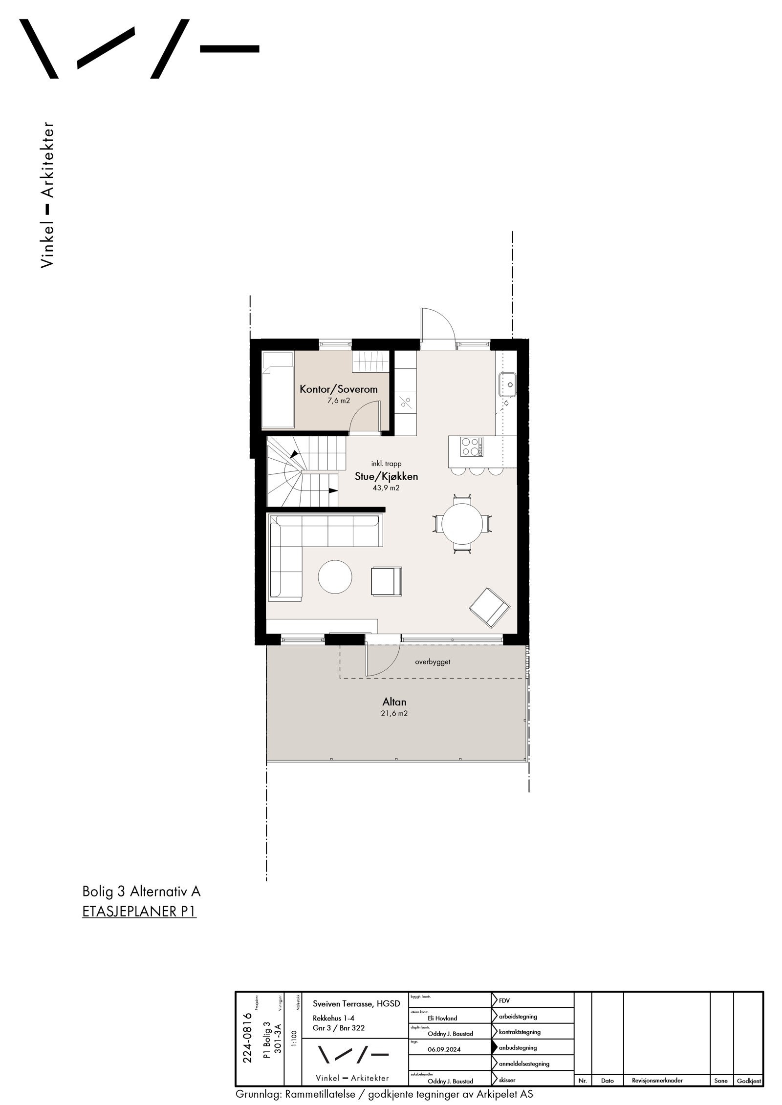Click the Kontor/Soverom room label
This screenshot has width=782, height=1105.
(339, 389)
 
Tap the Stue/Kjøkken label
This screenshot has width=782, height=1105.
(386, 477)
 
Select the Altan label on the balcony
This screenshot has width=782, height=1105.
(394, 702)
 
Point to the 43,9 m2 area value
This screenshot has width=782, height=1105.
(386, 488)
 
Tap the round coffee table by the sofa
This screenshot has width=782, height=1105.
(335, 577)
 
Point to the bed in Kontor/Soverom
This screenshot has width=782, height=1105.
(278, 390)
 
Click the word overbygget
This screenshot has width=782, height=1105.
(433, 662)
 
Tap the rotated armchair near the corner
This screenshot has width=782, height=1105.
(489, 607)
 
